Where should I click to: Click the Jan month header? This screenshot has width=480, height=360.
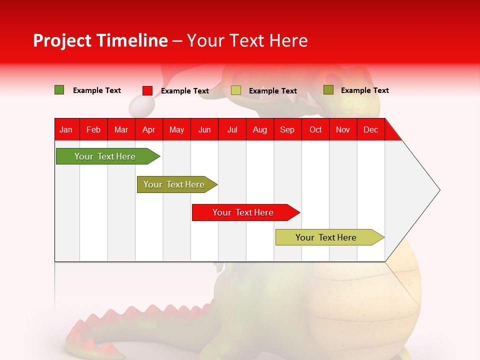coord(66,130)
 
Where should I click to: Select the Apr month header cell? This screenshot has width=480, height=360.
coord(149,130)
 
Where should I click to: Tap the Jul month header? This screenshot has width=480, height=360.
coord(232,130)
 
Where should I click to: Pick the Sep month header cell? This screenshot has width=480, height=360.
coord(287,130)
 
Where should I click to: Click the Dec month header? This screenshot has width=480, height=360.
coord(370,130)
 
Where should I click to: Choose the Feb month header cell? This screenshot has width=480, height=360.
coord(93,130)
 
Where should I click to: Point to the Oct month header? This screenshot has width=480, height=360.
coord(315,130)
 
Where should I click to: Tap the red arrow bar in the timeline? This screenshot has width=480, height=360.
coord(243,212)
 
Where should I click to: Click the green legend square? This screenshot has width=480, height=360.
coord(59,90)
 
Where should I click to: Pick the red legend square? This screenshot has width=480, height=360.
coord(147,90)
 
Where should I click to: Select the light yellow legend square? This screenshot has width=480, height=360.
coord(236,90)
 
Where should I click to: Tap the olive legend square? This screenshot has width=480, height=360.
coord(328,90)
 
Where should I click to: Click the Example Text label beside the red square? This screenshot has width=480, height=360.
coord(185,91)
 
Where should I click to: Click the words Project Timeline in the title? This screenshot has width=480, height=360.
coord(100,40)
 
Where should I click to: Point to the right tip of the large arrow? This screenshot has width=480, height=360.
coord(438,190)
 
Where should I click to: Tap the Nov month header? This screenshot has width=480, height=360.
coord(343,130)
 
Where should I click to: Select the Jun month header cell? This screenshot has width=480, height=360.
coord(204,130)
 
